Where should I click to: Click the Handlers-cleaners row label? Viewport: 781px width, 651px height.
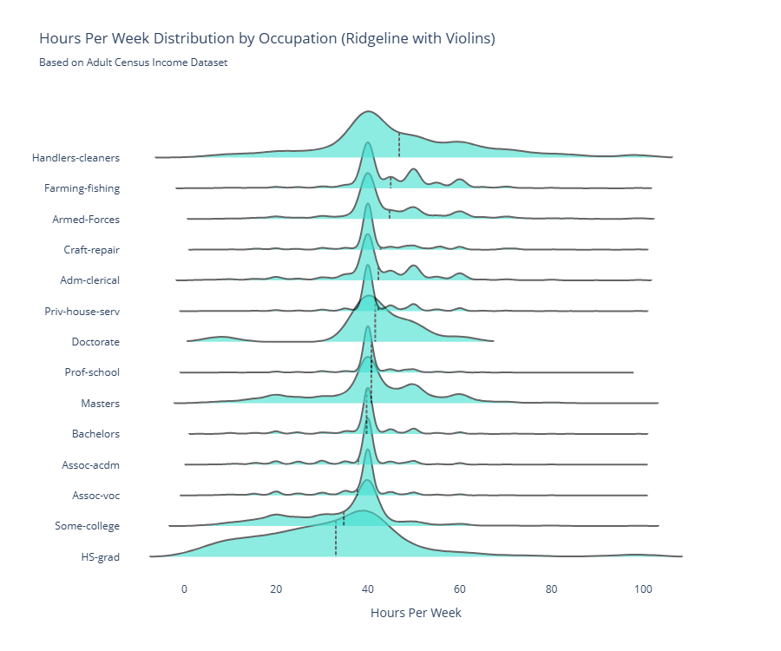pos(76,158)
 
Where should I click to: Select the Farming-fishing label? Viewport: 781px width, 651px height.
pos(82,188)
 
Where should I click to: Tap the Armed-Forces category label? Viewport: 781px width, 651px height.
pos(86,220)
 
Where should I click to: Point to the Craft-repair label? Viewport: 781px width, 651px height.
pos(92,250)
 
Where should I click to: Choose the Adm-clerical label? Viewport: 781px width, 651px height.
pos(90,280)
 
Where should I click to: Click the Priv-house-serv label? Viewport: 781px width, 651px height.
pos(82,311)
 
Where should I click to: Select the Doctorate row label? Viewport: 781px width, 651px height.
pos(96,342)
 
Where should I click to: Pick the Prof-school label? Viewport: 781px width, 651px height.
pos(92,372)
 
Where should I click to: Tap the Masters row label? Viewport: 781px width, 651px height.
pos(101,404)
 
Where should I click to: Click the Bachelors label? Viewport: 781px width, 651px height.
pos(96,434)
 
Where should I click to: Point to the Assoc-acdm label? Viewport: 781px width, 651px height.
pos(91,465)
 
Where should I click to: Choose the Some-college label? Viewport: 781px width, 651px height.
pos(88,526)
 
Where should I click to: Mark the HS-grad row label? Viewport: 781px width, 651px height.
pos(101,557)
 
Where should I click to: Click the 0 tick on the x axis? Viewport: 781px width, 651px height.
pos(184,589)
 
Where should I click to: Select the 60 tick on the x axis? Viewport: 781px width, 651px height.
pos(460,589)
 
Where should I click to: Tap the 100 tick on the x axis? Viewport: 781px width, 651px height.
pos(643,589)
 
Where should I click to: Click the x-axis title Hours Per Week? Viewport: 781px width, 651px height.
pos(416,613)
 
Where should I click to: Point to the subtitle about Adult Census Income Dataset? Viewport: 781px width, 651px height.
pos(134,62)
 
